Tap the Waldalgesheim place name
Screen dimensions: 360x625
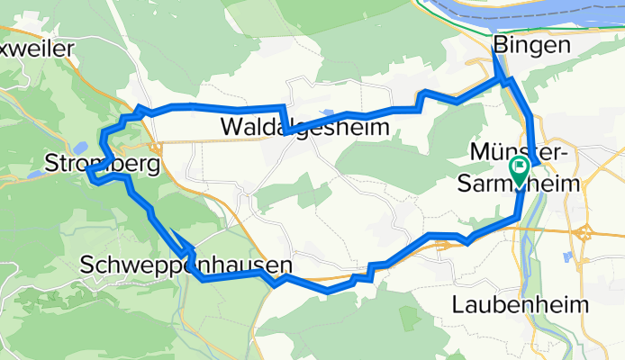tap(304, 129)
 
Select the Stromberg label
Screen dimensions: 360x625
tap(101, 165)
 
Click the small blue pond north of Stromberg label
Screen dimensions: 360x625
tap(81, 148)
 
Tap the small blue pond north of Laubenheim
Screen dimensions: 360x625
tap(567, 257)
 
